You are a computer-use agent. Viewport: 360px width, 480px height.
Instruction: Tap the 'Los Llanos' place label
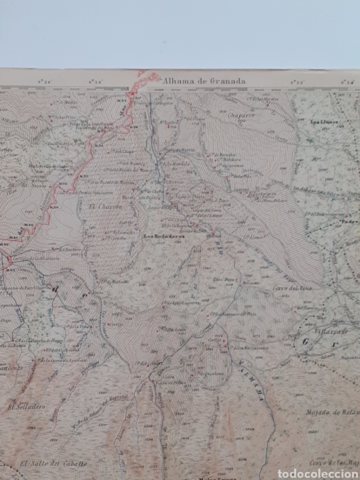324,121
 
